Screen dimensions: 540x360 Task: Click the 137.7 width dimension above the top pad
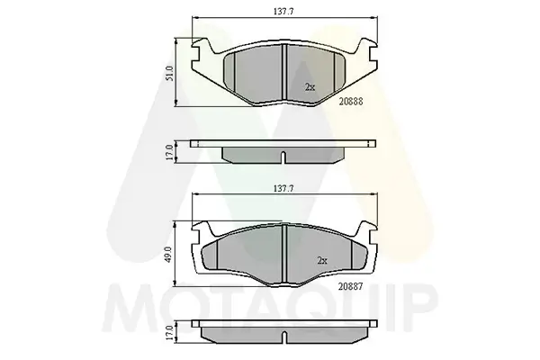pyautogui.click(x=283, y=12)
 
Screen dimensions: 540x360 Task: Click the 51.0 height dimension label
pyautogui.click(x=170, y=74)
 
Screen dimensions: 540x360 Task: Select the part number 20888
pyautogui.click(x=351, y=102)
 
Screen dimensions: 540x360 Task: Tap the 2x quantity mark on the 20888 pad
pyautogui.click(x=310, y=87)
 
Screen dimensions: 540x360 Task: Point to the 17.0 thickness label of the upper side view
pyautogui.click(x=169, y=152)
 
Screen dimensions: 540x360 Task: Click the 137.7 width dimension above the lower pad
pyautogui.click(x=283, y=188)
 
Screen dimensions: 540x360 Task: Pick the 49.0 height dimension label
pyautogui.click(x=169, y=254)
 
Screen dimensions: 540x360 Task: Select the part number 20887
pyautogui.click(x=351, y=286)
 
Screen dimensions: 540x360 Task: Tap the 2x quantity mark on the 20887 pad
pyautogui.click(x=321, y=261)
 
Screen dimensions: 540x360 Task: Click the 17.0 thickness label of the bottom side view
pyautogui.click(x=169, y=332)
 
